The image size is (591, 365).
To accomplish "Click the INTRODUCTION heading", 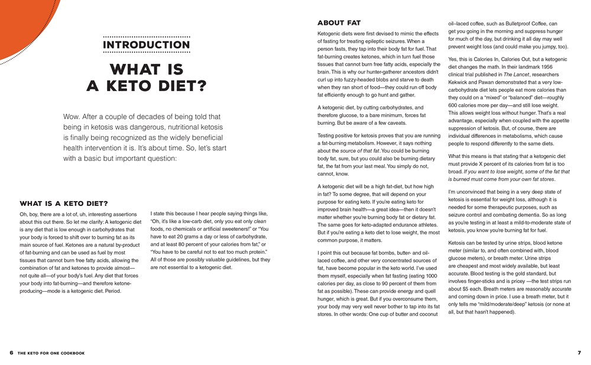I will tap(147, 45).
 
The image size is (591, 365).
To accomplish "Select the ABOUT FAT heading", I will tap(339, 23).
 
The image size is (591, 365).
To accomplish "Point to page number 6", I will tap(11, 353).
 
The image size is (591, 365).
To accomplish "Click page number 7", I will tap(579, 353).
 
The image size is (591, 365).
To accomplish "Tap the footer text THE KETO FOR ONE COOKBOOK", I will tap(51, 353).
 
